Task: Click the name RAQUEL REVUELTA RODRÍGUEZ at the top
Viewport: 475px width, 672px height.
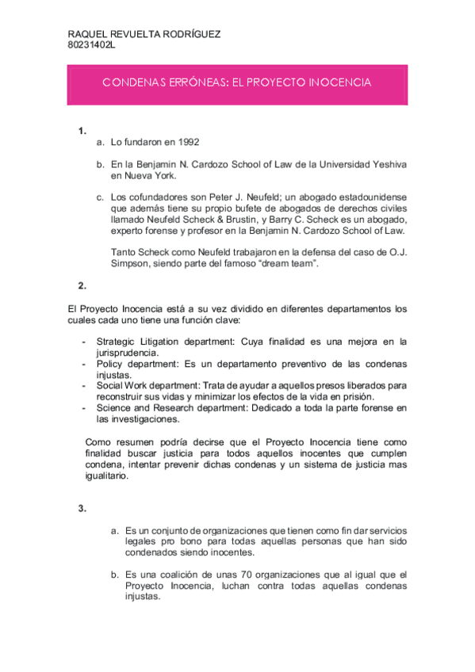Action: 144,35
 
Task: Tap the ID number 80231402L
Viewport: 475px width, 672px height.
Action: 92,45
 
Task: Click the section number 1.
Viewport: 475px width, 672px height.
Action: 82,131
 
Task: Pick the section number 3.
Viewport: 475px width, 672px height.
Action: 82,508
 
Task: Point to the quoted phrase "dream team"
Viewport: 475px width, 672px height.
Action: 286,263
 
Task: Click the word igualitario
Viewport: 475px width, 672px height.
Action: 111,477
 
